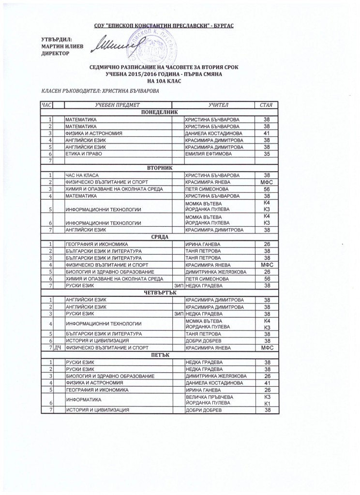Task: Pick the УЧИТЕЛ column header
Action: pyautogui.click(x=214, y=104)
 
